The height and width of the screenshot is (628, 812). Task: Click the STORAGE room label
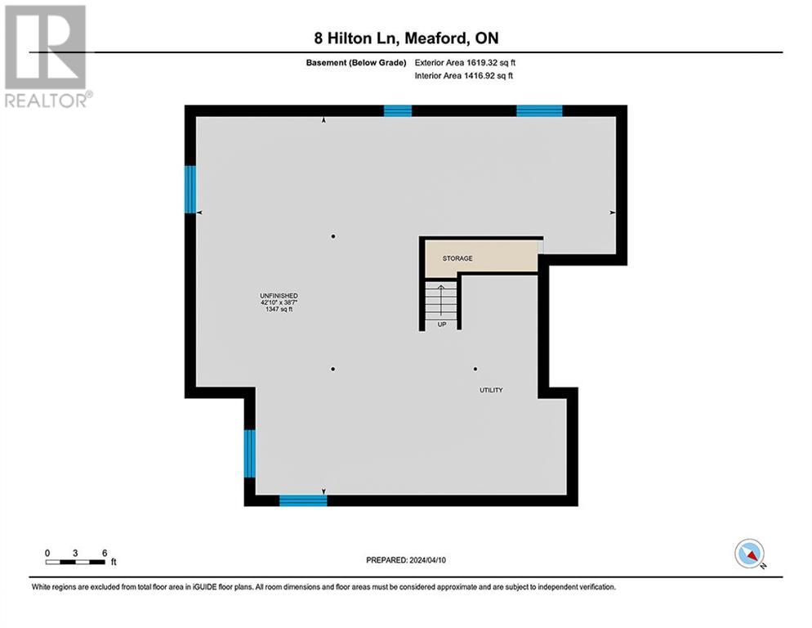tap(457, 258)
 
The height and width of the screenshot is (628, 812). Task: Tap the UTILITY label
tap(491, 390)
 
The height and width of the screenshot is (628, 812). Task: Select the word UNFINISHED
tap(279, 295)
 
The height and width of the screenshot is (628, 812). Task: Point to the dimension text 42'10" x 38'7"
tap(279, 303)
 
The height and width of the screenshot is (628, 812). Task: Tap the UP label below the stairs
tap(441, 323)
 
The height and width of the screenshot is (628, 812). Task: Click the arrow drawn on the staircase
tap(441, 298)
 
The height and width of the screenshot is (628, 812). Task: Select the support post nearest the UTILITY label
tap(475, 369)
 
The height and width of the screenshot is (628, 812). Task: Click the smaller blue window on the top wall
tap(398, 111)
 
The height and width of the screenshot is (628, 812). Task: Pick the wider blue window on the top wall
tap(539, 111)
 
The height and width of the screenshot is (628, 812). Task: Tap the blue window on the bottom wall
tap(303, 500)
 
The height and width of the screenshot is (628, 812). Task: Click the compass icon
tap(748, 554)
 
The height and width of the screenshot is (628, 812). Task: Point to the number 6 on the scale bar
tap(105, 553)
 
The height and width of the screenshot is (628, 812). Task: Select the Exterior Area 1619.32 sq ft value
tap(466, 62)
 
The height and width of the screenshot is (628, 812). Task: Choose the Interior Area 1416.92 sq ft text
tap(464, 76)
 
